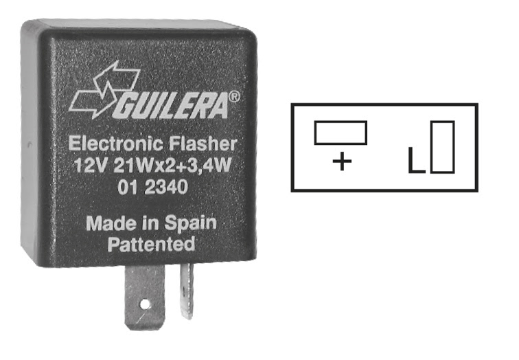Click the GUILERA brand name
pos(172,106)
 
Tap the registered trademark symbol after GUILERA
pos(234,97)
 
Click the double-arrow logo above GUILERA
pos(104,89)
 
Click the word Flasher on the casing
pos(203,144)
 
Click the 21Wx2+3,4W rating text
pos(172,166)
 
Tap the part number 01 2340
pos(152,187)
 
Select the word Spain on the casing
pos(190,223)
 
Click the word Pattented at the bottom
pos(151,244)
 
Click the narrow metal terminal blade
pos(187,291)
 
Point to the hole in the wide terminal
pos(145,304)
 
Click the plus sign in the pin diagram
pos(342,161)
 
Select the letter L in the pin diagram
pos(416,160)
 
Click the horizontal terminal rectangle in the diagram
pos(341,133)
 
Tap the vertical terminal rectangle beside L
pos(442,147)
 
